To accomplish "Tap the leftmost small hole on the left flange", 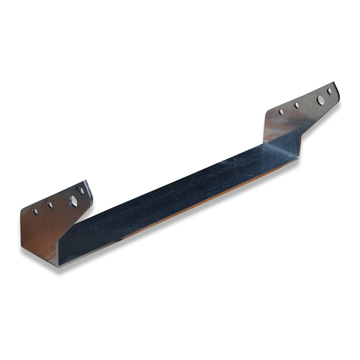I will (34, 211).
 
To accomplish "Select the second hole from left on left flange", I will (50, 205).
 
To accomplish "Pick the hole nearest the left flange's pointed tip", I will (81, 191).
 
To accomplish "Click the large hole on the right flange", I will (320, 99).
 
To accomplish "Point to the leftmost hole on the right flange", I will (281, 112).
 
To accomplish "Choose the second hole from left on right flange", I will (297, 106).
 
